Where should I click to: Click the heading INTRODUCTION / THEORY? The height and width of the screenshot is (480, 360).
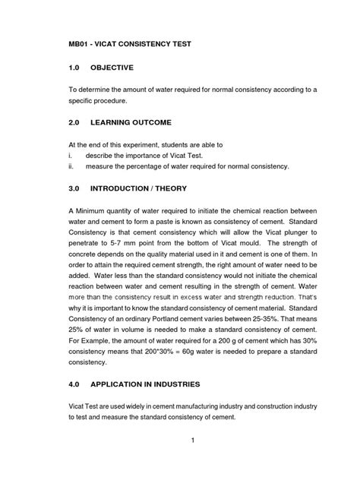pyautogui.click(x=150, y=188)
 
